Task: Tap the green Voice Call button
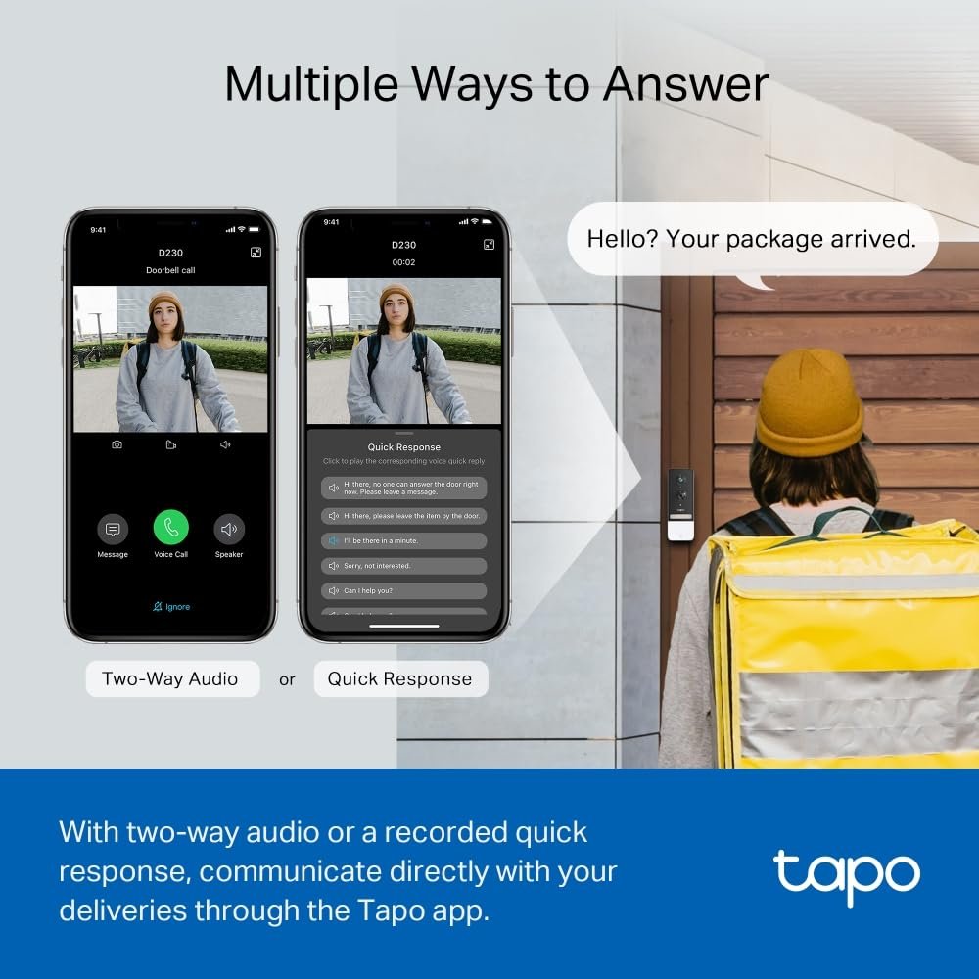click(x=170, y=529)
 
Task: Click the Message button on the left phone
click(x=113, y=530)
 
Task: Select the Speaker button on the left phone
click(x=229, y=530)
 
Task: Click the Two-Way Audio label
click(x=170, y=678)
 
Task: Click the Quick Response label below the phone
click(x=399, y=678)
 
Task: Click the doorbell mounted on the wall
click(x=680, y=504)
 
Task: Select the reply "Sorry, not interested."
click(x=403, y=566)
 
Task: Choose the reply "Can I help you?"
click(x=403, y=591)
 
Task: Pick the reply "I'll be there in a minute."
click(x=403, y=540)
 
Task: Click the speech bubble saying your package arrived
click(x=752, y=239)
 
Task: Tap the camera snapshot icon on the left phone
click(x=117, y=444)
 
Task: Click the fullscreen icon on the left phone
click(x=256, y=253)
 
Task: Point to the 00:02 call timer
click(x=403, y=262)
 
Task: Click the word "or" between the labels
click(x=287, y=679)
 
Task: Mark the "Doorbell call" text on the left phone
click(x=170, y=270)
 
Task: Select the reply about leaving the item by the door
click(x=403, y=515)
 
